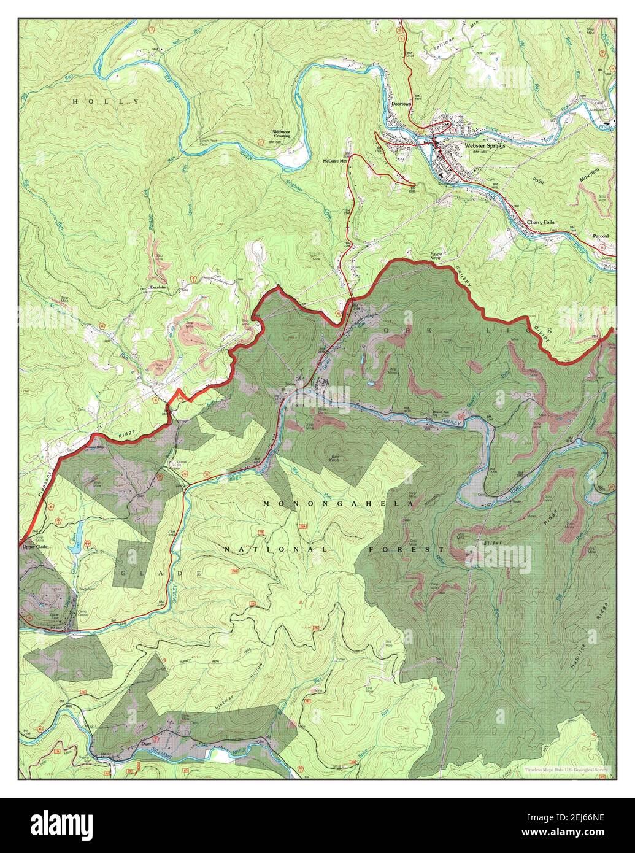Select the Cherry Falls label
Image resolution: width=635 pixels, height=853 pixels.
click(x=541, y=222)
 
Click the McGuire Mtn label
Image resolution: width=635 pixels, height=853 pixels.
click(x=335, y=161)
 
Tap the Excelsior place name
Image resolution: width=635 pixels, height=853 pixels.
click(x=158, y=287)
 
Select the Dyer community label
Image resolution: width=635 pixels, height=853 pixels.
click(x=146, y=743)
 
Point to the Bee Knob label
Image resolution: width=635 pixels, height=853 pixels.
click(x=335, y=458)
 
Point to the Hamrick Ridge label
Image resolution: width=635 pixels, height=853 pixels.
click(x=590, y=638)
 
